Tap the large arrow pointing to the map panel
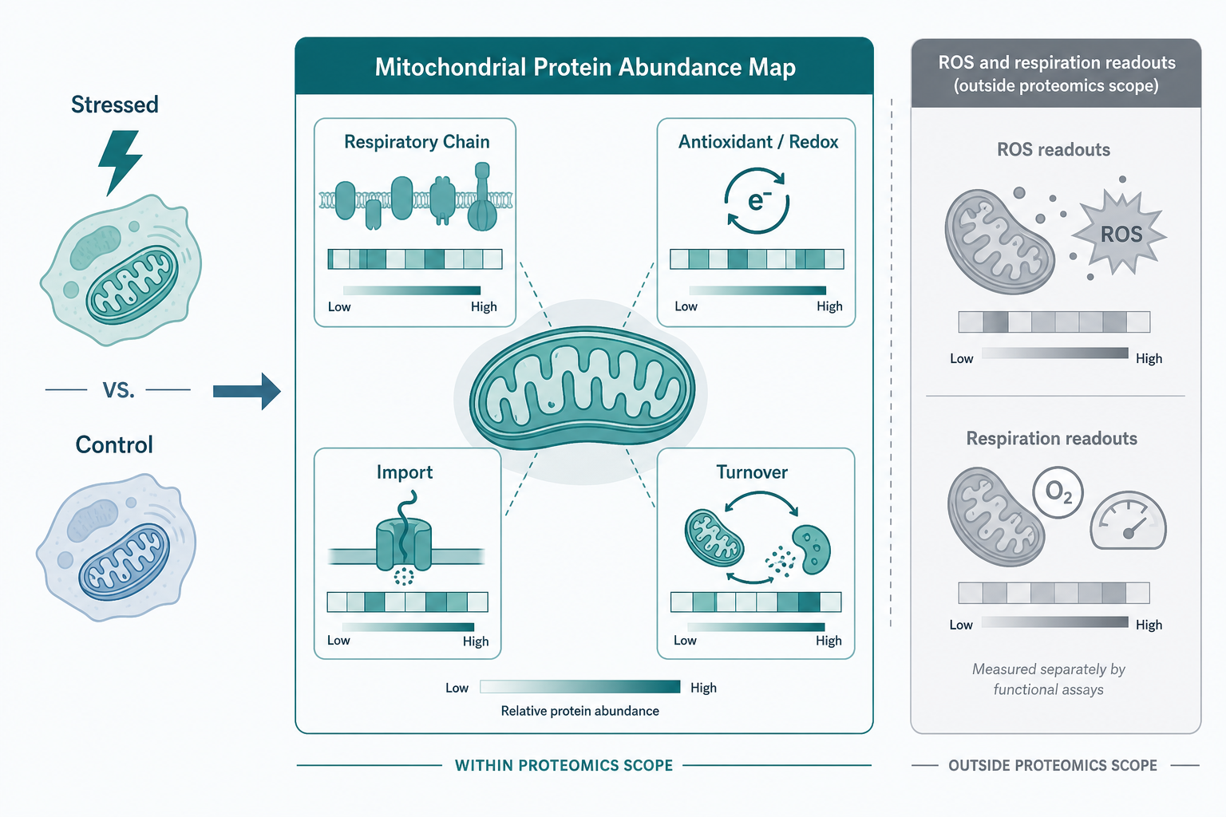pos(247,391)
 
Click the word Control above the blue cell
pos(114,444)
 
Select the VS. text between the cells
pos(118,390)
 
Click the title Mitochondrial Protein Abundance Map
pos(585,67)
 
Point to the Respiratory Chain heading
pos(417,142)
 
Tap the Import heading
pos(405,472)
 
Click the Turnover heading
pos(752,472)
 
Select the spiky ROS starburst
pos(1120,235)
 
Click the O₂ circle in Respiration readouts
pos(1058,492)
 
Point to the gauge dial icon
pos(1128,522)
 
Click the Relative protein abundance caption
pos(580,711)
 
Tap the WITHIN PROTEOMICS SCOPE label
pos(564,765)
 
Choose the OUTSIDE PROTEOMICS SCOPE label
pos(1053,765)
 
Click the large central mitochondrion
pos(582,388)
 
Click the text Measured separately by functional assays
pos(1048,679)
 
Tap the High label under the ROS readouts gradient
pos(1149,358)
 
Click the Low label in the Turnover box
pos(685,640)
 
